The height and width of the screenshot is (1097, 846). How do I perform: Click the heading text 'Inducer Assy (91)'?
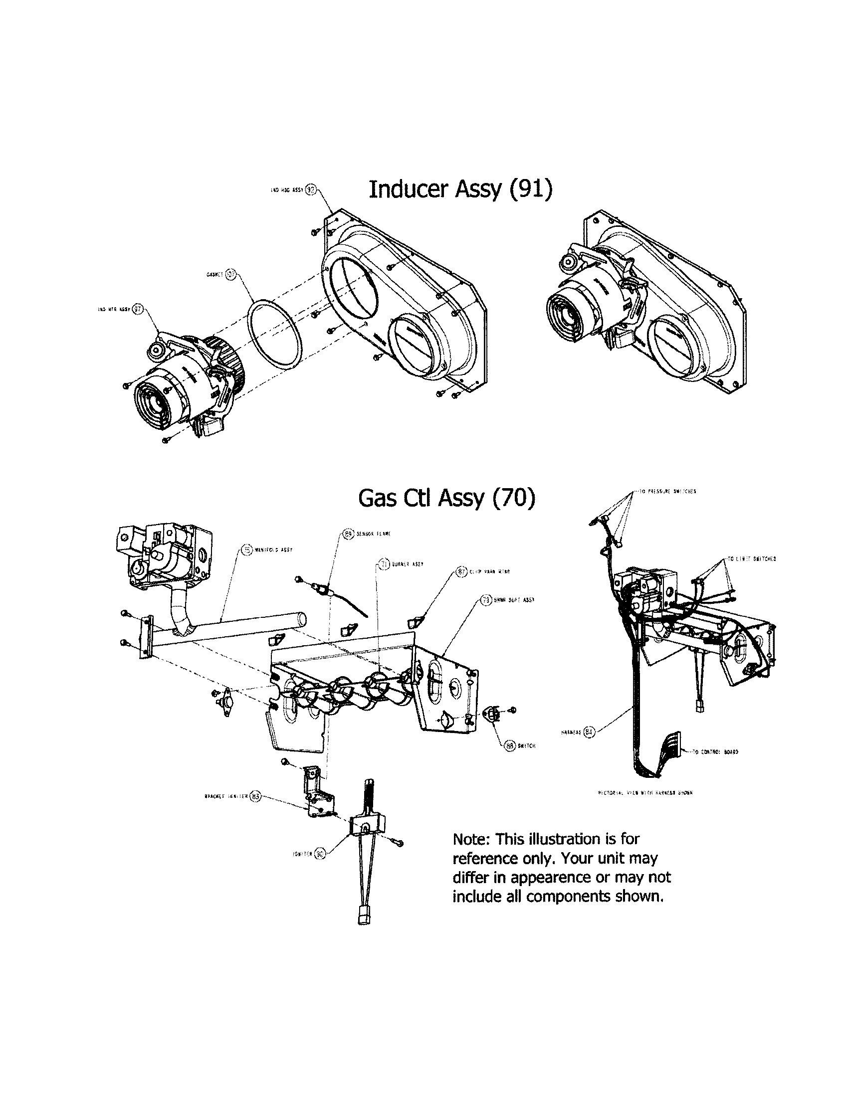460,189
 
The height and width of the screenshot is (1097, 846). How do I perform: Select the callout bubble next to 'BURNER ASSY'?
384,564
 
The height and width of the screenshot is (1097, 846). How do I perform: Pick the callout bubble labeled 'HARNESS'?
591,732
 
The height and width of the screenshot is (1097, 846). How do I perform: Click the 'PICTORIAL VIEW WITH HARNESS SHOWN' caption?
646,793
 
